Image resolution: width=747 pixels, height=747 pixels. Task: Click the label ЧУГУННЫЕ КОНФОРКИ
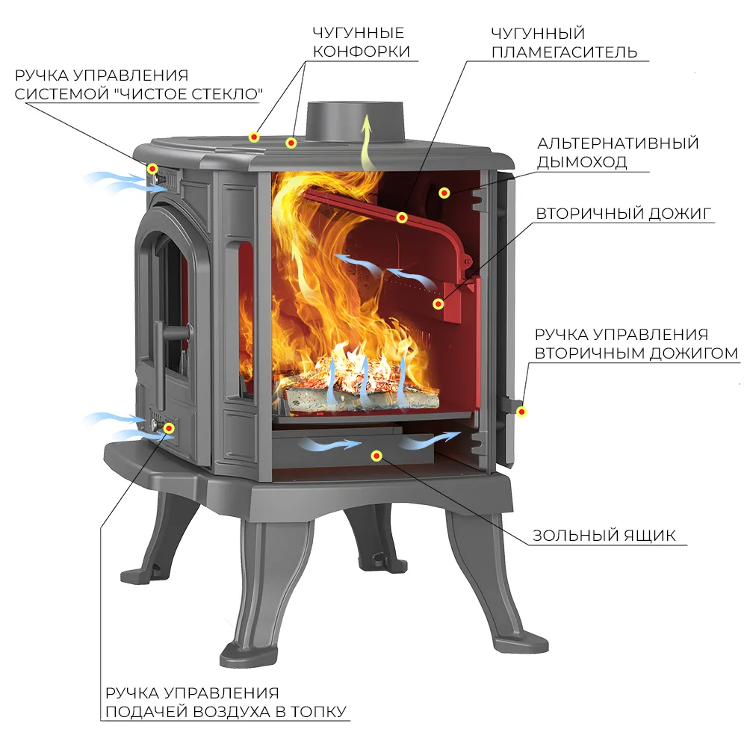pos(361,42)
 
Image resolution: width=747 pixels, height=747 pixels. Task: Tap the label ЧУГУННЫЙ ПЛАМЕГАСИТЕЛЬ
pos(564,43)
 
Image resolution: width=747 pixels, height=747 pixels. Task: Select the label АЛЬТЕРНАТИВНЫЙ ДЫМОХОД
pos(618,152)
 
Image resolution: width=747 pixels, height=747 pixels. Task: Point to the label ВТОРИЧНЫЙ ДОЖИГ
pos(624,214)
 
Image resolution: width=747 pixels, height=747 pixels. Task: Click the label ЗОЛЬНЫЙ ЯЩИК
pos(604,536)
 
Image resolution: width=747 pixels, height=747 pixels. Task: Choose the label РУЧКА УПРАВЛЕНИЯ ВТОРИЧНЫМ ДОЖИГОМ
pos(636,344)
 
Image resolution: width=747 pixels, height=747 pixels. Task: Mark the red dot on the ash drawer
pos(376,456)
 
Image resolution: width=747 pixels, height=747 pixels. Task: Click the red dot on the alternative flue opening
pos(444,193)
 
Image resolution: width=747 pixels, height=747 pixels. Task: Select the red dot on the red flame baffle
pos(402,217)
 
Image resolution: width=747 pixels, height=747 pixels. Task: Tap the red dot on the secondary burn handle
pos(521,412)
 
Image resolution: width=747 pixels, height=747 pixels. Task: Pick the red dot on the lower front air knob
pos(168,428)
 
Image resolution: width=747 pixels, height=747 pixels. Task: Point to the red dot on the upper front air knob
pos(152,169)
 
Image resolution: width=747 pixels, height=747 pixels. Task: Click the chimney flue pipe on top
pos(356,123)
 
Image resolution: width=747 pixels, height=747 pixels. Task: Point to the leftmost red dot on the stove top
pos(254,137)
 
